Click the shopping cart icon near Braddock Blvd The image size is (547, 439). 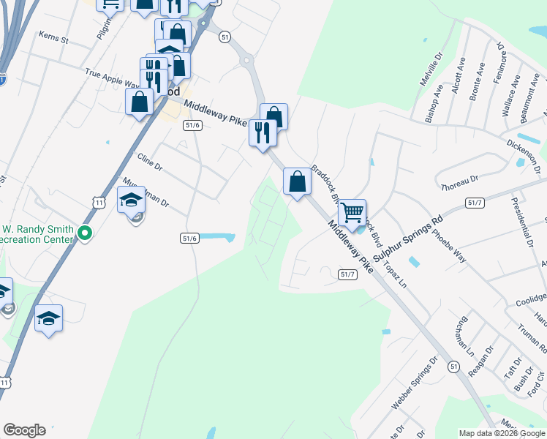(x=352, y=213)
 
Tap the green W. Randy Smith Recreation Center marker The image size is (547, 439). (x=85, y=234)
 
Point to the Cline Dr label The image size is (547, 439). (x=149, y=162)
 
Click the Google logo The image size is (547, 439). (x=24, y=430)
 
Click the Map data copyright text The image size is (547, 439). (x=502, y=433)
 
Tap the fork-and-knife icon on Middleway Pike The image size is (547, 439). (x=261, y=132)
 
